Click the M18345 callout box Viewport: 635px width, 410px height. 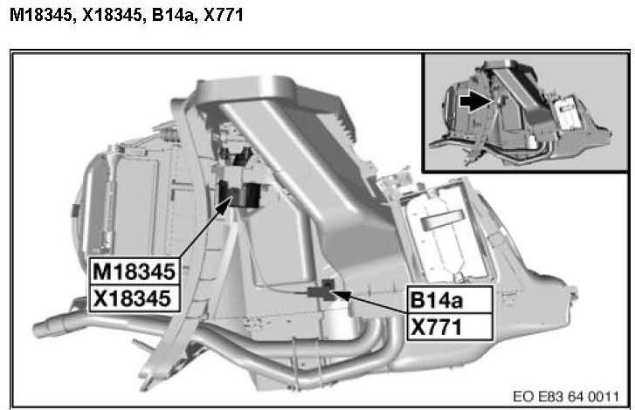point(134,271)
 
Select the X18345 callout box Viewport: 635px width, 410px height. point(134,299)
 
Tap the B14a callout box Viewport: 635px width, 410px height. point(450,299)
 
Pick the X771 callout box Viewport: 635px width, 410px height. point(450,327)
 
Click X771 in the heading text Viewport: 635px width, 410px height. point(224,15)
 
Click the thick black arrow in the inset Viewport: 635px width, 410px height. point(477,101)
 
